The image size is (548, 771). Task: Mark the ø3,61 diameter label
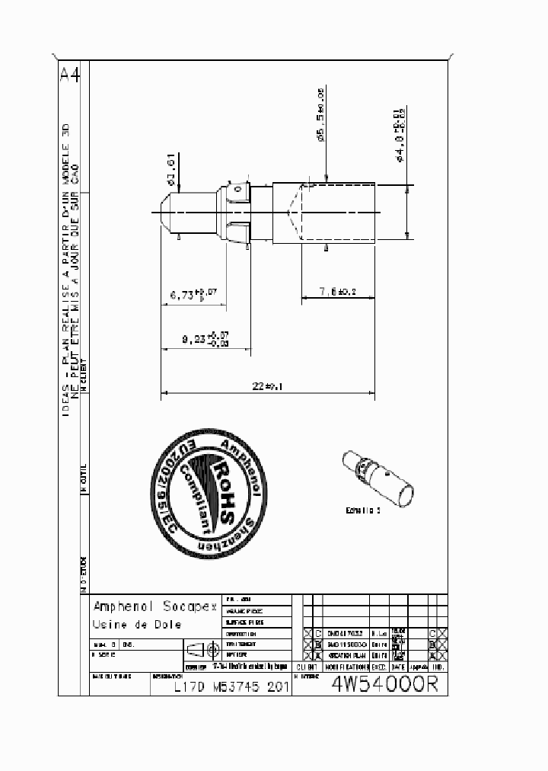(172, 170)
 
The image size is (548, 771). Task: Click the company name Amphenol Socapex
(145, 607)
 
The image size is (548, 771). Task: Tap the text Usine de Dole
(137, 625)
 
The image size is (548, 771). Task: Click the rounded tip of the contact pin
(167, 212)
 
